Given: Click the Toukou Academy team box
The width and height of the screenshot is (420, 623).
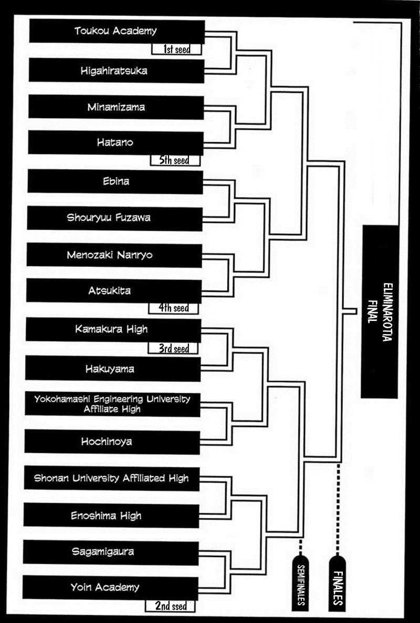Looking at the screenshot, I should [x=116, y=31].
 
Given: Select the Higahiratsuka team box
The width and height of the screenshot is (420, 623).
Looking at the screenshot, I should [x=115, y=70].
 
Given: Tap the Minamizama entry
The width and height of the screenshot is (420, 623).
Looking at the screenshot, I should [x=115, y=107].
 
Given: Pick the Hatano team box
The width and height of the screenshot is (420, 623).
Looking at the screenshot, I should [x=115, y=142].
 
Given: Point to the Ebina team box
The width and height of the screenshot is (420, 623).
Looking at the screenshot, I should [x=115, y=182].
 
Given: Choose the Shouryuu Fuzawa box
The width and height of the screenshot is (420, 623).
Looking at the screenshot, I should [x=115, y=218].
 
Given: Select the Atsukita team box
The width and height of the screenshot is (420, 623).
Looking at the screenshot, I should [x=114, y=290].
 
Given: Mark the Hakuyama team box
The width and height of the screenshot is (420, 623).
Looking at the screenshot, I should [x=113, y=369].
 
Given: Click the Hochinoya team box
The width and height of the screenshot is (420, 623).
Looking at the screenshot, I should [x=113, y=442].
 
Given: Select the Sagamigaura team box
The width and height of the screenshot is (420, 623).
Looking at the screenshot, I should [x=112, y=552].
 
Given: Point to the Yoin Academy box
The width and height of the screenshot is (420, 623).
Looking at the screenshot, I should [x=111, y=587].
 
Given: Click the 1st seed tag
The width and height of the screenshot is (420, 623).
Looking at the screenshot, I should [x=177, y=50].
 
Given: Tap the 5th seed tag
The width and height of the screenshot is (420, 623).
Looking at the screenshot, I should [x=175, y=160].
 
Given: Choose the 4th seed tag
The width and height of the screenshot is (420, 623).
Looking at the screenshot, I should [x=174, y=308].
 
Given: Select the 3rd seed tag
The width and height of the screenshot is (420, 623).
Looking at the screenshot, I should [x=174, y=348].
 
